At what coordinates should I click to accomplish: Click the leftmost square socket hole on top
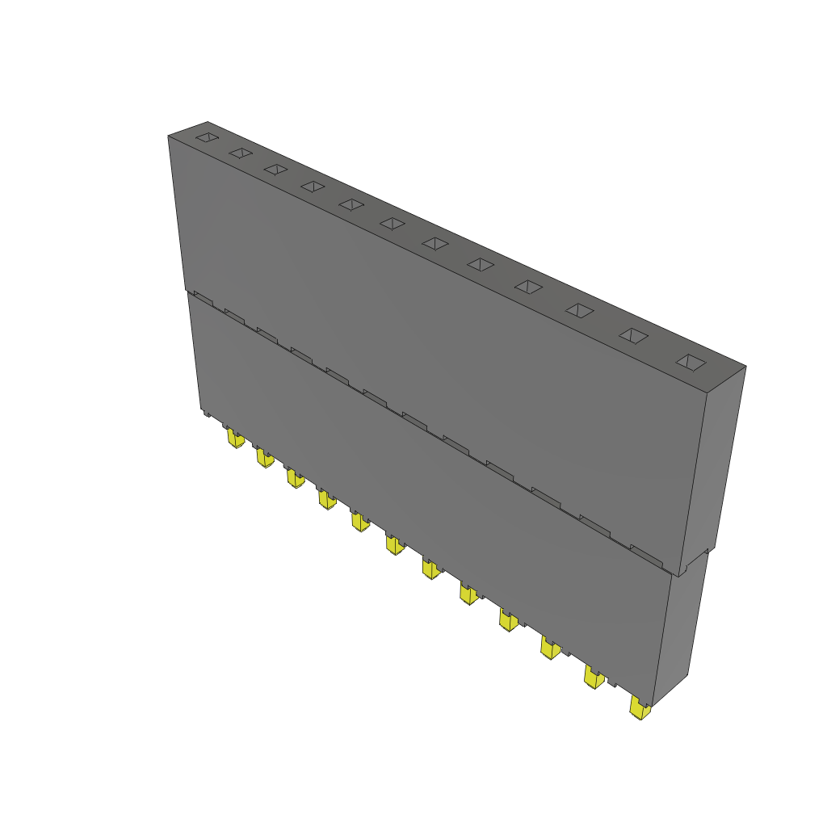tap(208, 137)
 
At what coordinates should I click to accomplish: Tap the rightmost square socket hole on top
tap(690, 362)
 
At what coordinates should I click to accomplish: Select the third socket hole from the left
tap(275, 169)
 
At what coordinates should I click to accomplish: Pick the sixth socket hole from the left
tap(392, 223)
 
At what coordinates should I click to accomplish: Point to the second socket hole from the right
tap(632, 335)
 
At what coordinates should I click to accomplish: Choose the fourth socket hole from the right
tap(528, 287)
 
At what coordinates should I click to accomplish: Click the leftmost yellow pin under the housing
tap(235, 439)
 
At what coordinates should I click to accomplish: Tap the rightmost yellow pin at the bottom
tap(640, 711)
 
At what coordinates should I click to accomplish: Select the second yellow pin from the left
tap(265, 459)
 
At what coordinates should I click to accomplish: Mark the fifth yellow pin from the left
tap(359, 523)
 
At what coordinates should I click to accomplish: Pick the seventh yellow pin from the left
tap(431, 570)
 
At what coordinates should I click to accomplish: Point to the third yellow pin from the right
tap(550, 649)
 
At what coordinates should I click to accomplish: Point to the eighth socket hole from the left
tap(481, 264)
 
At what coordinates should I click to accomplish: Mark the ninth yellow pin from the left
tap(508, 620)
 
